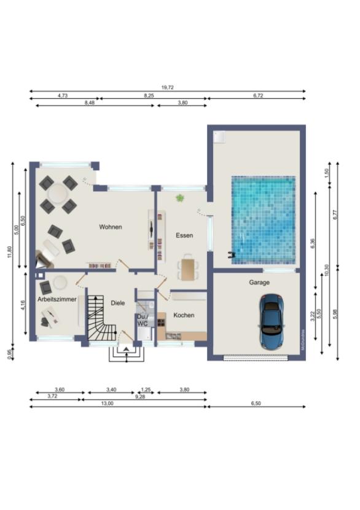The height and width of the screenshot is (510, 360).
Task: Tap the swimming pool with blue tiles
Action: click(262, 219)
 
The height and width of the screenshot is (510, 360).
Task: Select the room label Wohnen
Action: click(111, 227)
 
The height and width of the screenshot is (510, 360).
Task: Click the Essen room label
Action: click(184, 235)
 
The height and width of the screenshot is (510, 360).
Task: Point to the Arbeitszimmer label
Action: click(57, 299)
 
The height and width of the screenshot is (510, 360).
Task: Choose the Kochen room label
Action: click(184, 315)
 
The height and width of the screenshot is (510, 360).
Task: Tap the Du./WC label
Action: click(142, 320)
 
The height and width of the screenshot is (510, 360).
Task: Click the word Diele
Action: click(118, 302)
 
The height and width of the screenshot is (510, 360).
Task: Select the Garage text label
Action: click(259, 283)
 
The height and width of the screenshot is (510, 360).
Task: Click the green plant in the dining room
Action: click(180, 198)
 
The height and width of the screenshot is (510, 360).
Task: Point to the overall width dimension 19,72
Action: click(167, 88)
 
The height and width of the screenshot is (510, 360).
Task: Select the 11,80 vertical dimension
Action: click(9, 253)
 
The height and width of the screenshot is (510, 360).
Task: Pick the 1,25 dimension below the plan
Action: click(146, 389)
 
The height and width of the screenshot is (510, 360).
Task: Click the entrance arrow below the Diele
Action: click(127, 350)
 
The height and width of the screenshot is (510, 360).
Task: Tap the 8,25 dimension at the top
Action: click(149, 96)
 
